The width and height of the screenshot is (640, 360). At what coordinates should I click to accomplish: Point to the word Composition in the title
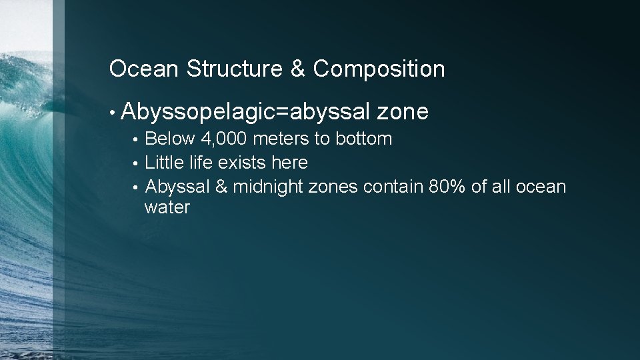click(379, 69)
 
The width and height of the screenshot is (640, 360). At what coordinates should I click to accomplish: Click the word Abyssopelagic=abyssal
click(246, 113)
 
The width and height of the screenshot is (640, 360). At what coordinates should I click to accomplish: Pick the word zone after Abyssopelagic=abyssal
click(402, 113)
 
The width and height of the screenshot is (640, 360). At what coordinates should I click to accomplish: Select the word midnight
click(268, 187)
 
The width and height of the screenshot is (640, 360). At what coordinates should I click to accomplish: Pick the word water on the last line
click(167, 208)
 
